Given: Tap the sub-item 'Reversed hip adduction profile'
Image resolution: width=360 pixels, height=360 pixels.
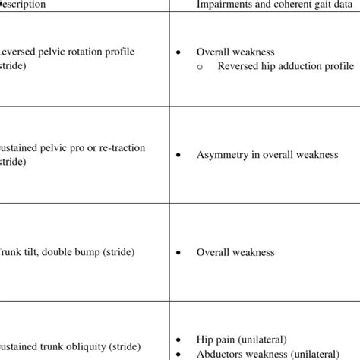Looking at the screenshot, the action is point(285,66).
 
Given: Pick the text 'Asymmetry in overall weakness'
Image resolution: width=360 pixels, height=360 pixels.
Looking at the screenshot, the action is point(266,155).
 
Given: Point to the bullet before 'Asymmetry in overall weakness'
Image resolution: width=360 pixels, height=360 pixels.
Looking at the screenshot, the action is point(178,155).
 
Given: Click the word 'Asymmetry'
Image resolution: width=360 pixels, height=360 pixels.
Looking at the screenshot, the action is point(222,155).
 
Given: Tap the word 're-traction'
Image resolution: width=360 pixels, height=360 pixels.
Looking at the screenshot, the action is point(122,147).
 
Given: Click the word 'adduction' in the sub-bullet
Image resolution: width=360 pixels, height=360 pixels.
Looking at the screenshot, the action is point(292,66).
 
